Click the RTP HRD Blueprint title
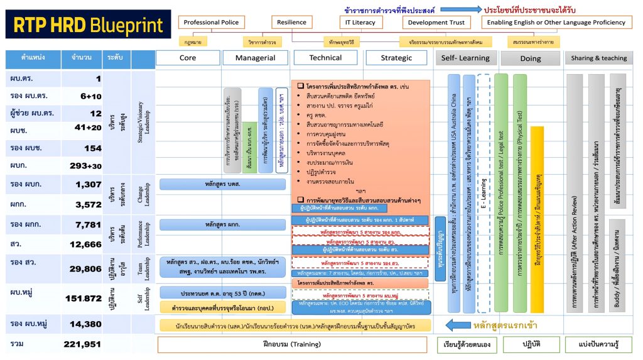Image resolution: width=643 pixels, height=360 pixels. point(88,25)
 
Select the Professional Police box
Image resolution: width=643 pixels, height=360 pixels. point(211,23)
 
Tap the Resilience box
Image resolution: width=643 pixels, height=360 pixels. point(292,23)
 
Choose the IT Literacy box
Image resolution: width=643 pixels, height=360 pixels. point(360,23)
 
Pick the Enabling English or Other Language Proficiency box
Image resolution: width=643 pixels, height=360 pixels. point(557,23)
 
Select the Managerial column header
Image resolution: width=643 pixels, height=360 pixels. point(255,58)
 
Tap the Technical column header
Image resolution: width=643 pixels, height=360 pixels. point(325,58)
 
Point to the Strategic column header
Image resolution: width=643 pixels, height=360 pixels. point(397,58)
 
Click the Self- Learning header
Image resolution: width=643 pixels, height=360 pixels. point(465,58)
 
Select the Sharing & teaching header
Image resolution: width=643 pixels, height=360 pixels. point(598,58)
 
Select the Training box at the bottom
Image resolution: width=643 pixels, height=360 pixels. point(293,344)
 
